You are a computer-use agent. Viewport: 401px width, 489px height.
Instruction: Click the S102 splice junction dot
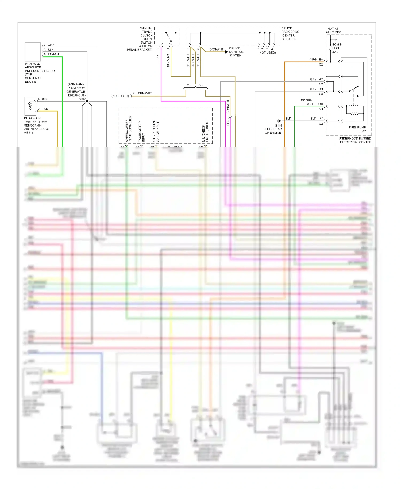click(87, 101)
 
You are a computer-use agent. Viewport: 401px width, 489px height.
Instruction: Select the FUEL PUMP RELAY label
click(358, 129)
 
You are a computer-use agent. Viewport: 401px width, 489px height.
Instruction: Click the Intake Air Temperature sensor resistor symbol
click(30, 106)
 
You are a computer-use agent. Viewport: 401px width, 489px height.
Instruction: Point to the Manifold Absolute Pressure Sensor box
click(33, 52)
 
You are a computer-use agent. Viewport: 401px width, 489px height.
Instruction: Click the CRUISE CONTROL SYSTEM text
click(236, 52)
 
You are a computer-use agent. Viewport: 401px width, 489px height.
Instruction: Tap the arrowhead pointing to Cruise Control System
click(226, 52)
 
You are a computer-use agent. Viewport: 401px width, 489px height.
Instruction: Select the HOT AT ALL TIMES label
click(333, 30)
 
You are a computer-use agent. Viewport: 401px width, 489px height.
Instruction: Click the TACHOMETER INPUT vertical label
click(141, 131)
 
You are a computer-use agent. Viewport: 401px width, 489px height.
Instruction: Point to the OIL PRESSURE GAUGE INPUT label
click(156, 131)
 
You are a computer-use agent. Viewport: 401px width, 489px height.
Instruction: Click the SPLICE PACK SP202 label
click(290, 33)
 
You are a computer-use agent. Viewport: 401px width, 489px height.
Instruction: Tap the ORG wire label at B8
click(313, 59)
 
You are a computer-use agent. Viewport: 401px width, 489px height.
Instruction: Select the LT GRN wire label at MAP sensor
click(53, 54)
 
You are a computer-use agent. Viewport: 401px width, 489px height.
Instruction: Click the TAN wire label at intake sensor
click(45, 109)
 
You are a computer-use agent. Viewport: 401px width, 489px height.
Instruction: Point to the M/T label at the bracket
click(189, 85)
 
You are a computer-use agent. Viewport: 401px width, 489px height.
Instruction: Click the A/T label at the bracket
click(201, 85)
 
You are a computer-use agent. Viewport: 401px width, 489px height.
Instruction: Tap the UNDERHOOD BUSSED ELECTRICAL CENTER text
click(355, 140)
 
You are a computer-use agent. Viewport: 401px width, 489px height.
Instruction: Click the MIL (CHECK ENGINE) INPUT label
click(205, 131)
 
